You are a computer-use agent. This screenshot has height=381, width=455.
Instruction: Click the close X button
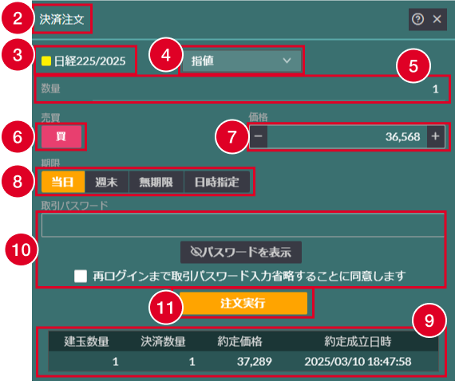pyautogui.click(x=437, y=19)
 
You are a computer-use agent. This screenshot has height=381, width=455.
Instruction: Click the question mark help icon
pyautogui.click(x=417, y=19)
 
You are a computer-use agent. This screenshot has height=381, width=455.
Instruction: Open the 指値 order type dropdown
pyautogui.click(x=242, y=61)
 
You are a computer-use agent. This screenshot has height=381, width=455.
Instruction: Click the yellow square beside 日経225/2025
pyautogui.click(x=46, y=61)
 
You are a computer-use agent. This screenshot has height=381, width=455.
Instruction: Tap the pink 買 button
pyautogui.click(x=61, y=136)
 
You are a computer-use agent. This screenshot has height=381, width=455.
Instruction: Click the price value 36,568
pyautogui.click(x=403, y=136)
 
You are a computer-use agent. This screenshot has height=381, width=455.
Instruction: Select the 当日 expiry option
pyautogui.click(x=63, y=182)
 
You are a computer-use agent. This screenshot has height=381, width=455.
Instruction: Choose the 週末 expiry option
pyautogui.click(x=107, y=182)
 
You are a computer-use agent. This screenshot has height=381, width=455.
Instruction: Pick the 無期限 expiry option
pyautogui.click(x=156, y=182)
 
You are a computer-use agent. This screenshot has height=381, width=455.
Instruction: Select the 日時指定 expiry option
pyautogui.click(x=217, y=182)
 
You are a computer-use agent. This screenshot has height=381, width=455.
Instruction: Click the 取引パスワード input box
pyautogui.click(x=243, y=226)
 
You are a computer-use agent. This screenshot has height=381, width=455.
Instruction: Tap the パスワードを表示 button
pyautogui.click(x=241, y=252)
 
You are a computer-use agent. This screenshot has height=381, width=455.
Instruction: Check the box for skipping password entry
pyautogui.click(x=81, y=276)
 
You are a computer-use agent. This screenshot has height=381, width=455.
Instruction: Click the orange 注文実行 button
pyautogui.click(x=243, y=303)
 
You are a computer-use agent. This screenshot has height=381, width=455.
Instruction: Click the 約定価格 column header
pyautogui.click(x=240, y=342)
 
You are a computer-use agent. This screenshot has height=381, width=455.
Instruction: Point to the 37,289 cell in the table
pyautogui.click(x=255, y=362)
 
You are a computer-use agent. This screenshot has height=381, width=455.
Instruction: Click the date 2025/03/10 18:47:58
pyautogui.click(x=358, y=362)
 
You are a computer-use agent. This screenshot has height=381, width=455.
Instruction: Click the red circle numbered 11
pyautogui.click(x=165, y=308)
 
